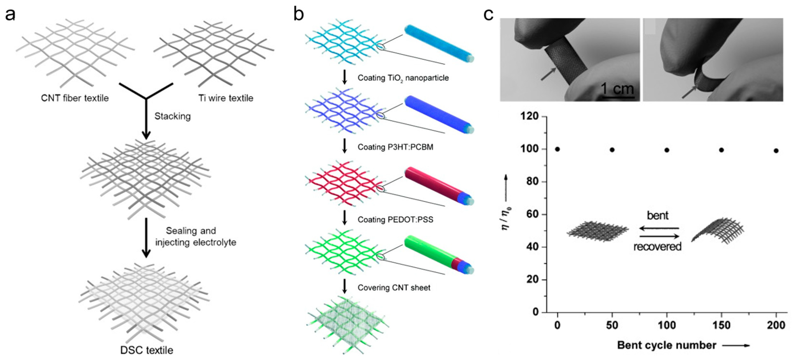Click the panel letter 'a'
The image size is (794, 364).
pyautogui.click(x=10, y=15)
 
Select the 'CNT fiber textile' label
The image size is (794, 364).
pyautogui.click(x=75, y=98)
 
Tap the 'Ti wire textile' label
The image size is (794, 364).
pyautogui.click(x=226, y=98)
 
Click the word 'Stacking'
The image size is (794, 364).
pyautogui.click(x=173, y=116)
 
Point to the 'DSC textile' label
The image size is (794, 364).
pyautogui.click(x=147, y=350)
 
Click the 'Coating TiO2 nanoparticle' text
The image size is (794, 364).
pyautogui.click(x=403, y=78)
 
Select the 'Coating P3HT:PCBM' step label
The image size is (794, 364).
pyautogui.click(x=395, y=147)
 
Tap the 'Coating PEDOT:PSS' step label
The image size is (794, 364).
pyautogui.click(x=395, y=220)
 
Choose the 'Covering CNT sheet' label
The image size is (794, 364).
pyautogui.click(x=394, y=288)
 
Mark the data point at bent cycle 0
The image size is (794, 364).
pyautogui.click(x=557, y=149)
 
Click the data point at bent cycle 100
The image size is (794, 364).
pyautogui.click(x=667, y=150)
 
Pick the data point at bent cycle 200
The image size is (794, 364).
pyautogui.click(x=776, y=150)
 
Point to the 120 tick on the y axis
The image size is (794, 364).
pyautogui.click(x=529, y=116)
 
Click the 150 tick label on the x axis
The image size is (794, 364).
pyautogui.click(x=721, y=325)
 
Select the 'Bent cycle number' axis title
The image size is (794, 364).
pyautogui.click(x=667, y=345)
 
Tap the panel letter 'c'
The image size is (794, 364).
pyautogui.click(x=489, y=15)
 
